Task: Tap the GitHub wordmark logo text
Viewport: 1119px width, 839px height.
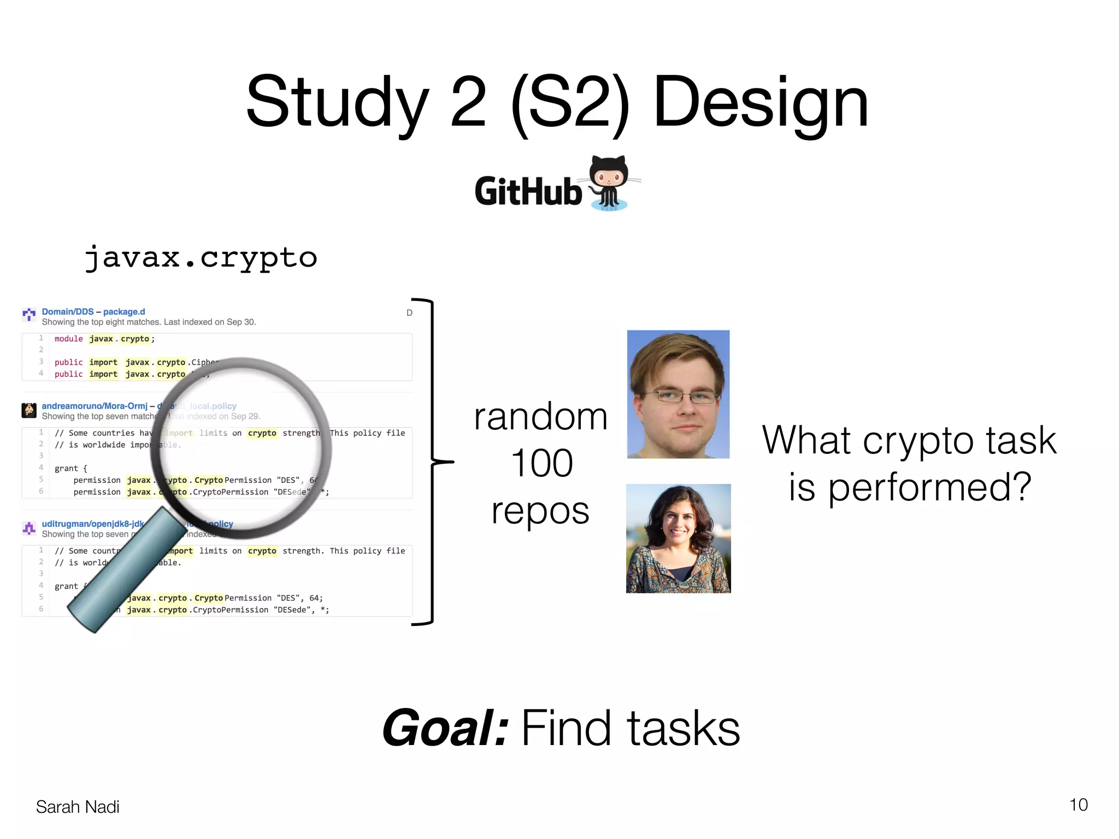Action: point(528,191)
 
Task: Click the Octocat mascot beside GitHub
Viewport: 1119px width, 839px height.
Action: point(610,183)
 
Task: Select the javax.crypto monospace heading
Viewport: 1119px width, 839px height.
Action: point(201,257)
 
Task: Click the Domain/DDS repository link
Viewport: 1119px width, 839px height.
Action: point(68,312)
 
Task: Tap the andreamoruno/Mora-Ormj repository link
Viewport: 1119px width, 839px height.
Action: point(95,406)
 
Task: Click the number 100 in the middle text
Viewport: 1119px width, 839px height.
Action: point(541,463)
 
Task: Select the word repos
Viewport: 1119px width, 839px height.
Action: point(540,511)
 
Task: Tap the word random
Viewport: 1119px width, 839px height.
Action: point(540,417)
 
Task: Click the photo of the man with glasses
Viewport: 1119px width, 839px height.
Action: point(678,394)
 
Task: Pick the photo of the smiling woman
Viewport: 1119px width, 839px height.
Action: point(678,538)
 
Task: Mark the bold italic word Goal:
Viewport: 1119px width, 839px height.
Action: point(445,728)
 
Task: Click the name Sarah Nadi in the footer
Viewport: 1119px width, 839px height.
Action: point(78,807)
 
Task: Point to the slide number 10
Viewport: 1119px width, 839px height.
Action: point(1078,805)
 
